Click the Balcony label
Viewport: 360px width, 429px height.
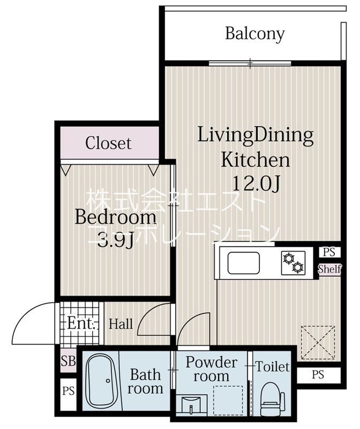click(x=255, y=34)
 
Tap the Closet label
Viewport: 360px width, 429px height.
click(x=108, y=143)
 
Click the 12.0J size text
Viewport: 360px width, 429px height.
click(x=256, y=183)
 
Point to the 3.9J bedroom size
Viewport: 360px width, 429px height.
click(x=115, y=240)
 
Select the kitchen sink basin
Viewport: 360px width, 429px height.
click(x=244, y=263)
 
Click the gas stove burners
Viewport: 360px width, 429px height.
click(x=293, y=263)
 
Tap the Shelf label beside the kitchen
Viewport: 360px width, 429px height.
click(x=329, y=269)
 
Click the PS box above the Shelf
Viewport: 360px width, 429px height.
click(x=329, y=252)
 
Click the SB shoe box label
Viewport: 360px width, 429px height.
click(x=68, y=360)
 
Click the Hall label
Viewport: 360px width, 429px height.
click(x=121, y=324)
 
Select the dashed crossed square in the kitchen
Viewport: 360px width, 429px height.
click(x=318, y=342)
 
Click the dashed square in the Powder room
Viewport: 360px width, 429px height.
click(x=228, y=400)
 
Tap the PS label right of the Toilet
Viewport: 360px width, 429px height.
click(x=318, y=374)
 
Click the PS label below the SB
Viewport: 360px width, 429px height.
click(x=68, y=391)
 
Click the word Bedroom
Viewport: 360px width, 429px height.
click(x=115, y=217)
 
